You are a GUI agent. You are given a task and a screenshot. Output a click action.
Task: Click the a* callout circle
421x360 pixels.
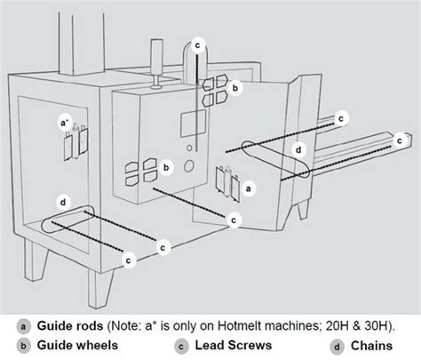pyautogui.click(x=65, y=123)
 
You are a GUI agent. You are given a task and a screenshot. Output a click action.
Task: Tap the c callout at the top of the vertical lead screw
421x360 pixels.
pyautogui.click(x=197, y=45)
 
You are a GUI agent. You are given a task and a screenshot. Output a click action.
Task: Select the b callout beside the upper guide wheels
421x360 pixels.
pyautogui.click(x=235, y=88)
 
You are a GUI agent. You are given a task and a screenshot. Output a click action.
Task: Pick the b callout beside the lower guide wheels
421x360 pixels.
pyautogui.click(x=166, y=167)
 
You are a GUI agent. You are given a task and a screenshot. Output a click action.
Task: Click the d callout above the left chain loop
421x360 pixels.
pyautogui.click(x=63, y=203)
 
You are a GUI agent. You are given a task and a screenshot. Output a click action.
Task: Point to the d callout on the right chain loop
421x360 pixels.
pyautogui.click(x=298, y=149)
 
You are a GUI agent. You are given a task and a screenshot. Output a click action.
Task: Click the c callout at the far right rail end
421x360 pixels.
pyautogui.click(x=400, y=140)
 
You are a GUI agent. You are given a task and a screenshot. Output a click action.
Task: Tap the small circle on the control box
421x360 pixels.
pyautogui.click(x=189, y=148)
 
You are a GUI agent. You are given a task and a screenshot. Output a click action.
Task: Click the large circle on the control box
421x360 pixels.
pyautogui.click(x=188, y=165)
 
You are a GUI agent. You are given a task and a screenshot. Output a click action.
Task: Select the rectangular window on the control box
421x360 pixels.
pyautogui.click(x=194, y=123)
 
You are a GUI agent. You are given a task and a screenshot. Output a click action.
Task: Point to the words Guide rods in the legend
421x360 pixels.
pyautogui.click(x=70, y=326)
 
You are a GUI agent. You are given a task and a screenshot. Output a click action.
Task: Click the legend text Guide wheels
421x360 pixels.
pyautogui.click(x=77, y=345)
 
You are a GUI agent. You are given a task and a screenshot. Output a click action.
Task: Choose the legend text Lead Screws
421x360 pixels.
pyautogui.click(x=234, y=345)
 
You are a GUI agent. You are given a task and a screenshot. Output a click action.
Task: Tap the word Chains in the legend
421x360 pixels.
pyautogui.click(x=371, y=346)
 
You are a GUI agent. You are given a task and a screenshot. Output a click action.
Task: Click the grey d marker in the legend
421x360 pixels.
pyautogui.click(x=337, y=347)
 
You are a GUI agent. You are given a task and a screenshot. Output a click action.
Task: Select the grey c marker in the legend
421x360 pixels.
pyautogui.click(x=181, y=347)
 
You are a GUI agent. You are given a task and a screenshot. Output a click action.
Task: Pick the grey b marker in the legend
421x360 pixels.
pyautogui.click(x=24, y=346)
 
